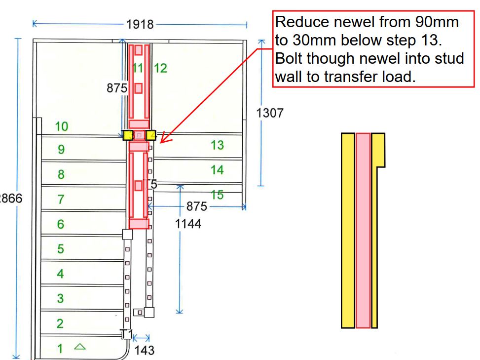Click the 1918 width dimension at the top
point(140,24)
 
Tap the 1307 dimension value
point(270,113)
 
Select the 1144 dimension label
point(188,224)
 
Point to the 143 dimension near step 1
point(145,350)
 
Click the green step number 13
point(217,145)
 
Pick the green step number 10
point(61,126)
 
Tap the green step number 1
point(60,349)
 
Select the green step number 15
point(217,195)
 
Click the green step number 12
point(160,69)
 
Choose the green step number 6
point(60,224)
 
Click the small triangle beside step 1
point(79,347)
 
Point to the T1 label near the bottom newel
point(127,334)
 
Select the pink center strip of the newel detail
point(363,230)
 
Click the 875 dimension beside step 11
point(117,88)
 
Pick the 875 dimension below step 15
point(197,206)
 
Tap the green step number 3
point(60,299)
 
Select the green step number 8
point(61,174)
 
